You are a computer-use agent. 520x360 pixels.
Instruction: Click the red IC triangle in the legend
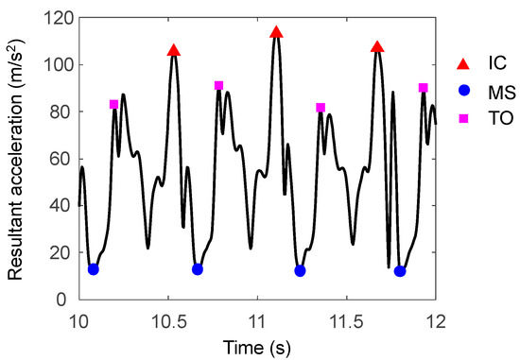click(x=462, y=63)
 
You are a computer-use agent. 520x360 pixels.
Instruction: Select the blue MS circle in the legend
click(x=462, y=92)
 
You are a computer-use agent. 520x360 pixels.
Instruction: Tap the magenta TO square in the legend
click(x=462, y=120)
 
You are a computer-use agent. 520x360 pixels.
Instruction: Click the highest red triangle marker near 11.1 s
click(x=276, y=32)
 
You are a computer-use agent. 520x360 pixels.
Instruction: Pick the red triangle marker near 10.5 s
click(x=173, y=50)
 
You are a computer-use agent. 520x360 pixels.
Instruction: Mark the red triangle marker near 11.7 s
click(x=377, y=47)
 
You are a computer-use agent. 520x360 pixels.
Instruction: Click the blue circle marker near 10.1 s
click(x=93, y=269)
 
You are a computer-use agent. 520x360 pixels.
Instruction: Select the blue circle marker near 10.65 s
click(x=198, y=269)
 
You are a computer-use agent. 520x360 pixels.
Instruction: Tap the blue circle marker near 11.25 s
click(x=300, y=271)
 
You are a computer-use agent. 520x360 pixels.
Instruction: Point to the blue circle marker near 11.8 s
click(x=400, y=271)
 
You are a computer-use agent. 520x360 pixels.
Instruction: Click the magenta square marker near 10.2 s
click(x=113, y=105)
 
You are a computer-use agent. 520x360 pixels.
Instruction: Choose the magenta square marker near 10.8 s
click(x=218, y=86)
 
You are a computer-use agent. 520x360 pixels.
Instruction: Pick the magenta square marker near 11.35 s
click(x=321, y=108)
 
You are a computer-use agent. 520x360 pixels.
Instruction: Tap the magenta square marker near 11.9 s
click(x=423, y=88)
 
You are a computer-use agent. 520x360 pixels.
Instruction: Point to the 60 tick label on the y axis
click(x=63, y=159)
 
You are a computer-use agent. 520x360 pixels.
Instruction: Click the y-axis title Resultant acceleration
click(x=16, y=159)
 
